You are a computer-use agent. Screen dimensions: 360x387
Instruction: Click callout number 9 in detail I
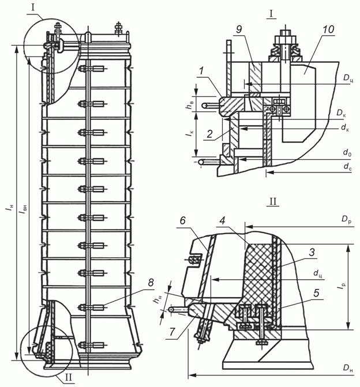[239, 29]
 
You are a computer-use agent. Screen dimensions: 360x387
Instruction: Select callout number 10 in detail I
[328, 29]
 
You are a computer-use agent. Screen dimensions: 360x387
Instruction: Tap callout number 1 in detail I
[202, 71]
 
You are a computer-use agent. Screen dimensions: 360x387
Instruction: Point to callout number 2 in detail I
[209, 134]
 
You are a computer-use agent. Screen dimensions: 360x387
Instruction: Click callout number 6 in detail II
[182, 221]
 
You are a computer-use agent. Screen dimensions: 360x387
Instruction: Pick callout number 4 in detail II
[223, 221]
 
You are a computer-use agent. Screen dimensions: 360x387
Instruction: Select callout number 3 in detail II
[312, 252]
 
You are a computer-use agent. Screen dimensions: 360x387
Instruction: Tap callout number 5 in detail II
[316, 293]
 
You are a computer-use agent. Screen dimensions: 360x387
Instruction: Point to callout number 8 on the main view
[151, 283]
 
